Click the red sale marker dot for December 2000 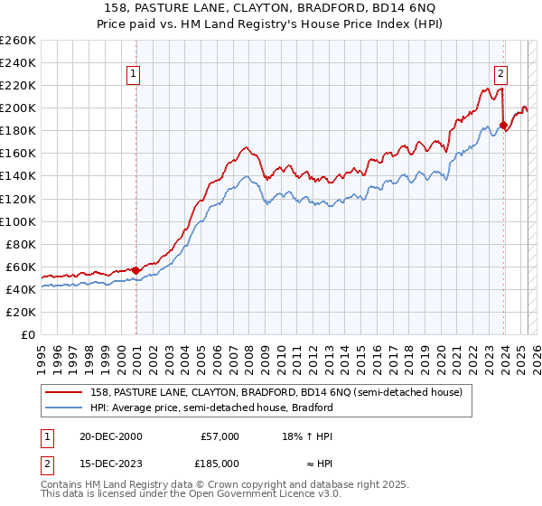[136, 269]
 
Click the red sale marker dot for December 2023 [503, 125]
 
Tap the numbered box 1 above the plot [133, 74]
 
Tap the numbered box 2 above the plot [500, 74]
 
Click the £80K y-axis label [21, 244]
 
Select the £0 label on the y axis [30, 334]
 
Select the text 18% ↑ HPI [307, 436]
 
